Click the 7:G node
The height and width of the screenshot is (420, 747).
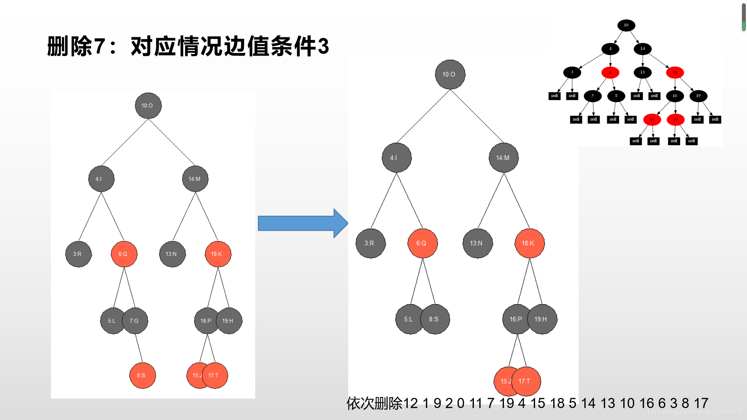135,321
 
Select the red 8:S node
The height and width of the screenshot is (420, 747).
142,376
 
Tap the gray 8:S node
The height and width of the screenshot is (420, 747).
435,319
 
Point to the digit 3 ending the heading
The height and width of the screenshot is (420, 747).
323,46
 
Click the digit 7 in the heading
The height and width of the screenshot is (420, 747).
100,46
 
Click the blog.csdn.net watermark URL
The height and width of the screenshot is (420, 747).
695,413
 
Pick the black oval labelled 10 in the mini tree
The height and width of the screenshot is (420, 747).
626,25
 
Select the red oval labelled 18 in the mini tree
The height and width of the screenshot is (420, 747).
675,72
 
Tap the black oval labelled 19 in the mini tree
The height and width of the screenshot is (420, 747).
698,96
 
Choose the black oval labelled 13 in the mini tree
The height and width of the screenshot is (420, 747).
642,72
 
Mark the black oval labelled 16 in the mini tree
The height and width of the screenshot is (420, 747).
675,96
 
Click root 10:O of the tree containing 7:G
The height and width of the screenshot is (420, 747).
148,105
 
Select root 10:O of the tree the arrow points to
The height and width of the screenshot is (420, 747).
450,74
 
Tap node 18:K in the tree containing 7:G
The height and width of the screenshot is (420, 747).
218,254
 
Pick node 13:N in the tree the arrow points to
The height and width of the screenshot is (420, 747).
478,243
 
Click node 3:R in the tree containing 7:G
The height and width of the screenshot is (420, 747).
78,254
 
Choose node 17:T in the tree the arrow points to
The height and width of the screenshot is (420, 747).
526,381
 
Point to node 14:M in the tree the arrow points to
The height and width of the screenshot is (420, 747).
504,157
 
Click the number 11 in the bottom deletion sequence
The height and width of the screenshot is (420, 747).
475,403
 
